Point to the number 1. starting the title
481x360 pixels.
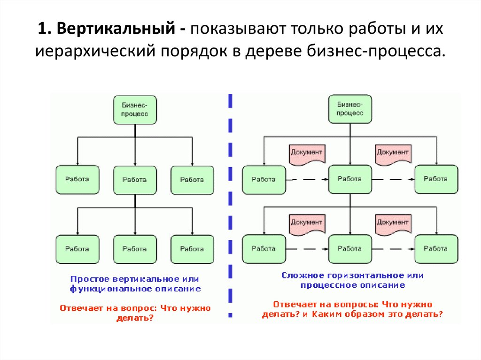[x=45, y=30]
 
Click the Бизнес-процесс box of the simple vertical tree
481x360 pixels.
[x=135, y=109]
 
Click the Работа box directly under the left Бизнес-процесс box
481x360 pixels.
[x=135, y=180]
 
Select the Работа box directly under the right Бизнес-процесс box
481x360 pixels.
[x=350, y=179]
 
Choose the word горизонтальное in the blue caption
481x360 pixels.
[x=360, y=275]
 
